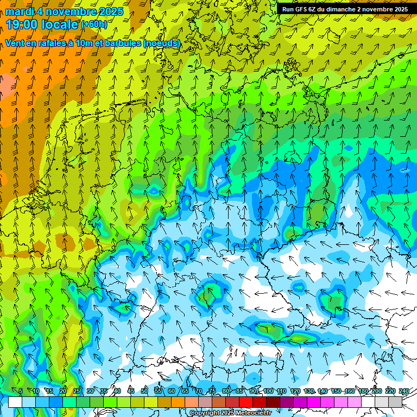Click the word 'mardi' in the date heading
(x=20, y=11)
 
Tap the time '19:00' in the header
(x=25, y=24)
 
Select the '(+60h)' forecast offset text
(x=94, y=24)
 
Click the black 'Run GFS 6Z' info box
(x=344, y=9)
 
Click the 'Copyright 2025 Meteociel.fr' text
(x=230, y=413)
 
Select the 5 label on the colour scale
(x=21, y=391)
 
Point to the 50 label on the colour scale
(x=144, y=391)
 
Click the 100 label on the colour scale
(x=268, y=391)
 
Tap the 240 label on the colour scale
(x=404, y=391)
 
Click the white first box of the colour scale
(x=15, y=402)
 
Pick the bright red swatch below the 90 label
(x=246, y=402)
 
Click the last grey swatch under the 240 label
(x=395, y=402)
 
